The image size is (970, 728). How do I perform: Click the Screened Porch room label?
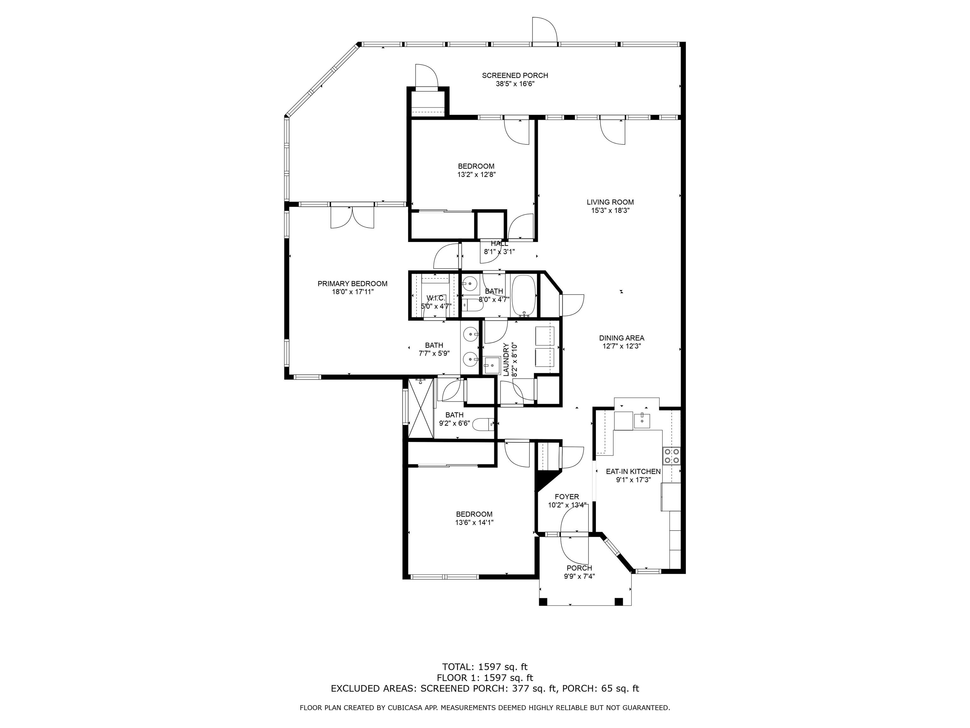515,76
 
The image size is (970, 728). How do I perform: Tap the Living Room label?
610,202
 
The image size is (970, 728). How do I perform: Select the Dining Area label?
621,338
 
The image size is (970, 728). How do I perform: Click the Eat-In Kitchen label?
633,471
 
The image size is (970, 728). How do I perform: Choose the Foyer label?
566,497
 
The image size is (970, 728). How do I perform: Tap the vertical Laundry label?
506,359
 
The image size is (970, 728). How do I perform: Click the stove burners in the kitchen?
671,456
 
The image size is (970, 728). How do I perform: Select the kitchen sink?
643,420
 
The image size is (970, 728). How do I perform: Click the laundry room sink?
492,364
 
